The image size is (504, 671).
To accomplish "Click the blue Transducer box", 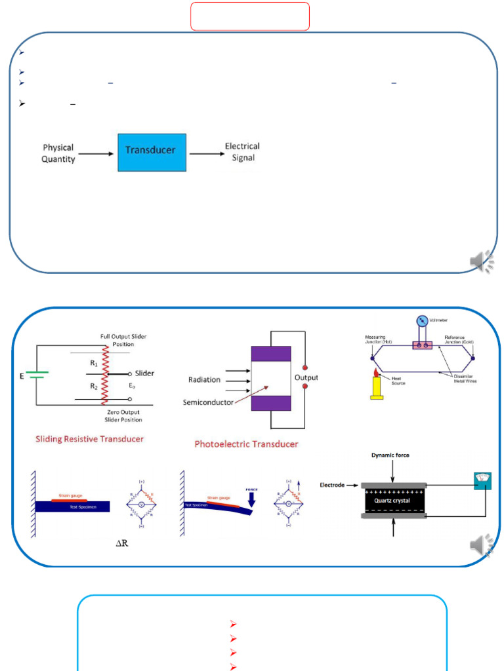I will pos(152,153).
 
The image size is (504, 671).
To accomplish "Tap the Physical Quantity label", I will pos(58,153).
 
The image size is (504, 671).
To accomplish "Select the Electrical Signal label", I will pos(242,152).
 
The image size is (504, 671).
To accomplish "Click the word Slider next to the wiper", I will pos(144,373).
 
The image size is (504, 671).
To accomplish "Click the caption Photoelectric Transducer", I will pos(246,444).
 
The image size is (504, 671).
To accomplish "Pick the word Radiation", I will pos(204,379).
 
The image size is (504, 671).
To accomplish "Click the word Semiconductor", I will pos(208,402).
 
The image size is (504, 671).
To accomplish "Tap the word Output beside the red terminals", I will pos(306,377).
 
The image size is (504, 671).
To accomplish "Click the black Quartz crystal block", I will pos(391,501).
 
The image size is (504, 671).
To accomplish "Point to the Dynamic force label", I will pos(392,455).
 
